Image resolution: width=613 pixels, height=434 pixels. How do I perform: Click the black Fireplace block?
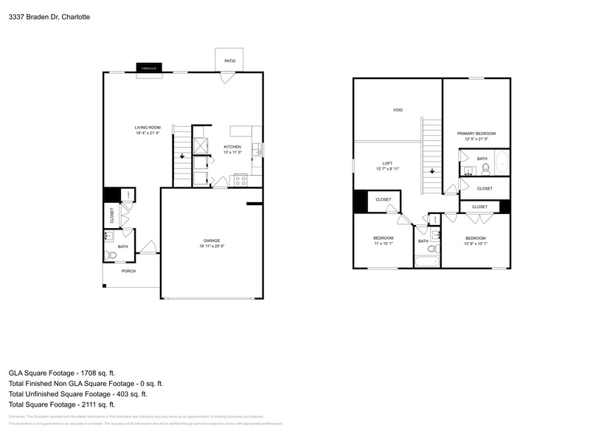147,69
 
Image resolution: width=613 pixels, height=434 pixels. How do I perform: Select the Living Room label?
148,128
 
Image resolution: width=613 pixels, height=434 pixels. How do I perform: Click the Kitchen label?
232,147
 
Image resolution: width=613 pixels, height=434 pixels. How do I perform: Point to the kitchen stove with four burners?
240,179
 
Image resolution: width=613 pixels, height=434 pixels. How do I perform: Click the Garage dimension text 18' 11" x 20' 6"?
212,247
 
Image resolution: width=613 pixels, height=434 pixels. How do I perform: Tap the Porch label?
129,271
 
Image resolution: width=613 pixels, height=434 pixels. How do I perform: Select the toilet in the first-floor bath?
111,255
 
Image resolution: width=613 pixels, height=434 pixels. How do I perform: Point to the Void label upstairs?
398,110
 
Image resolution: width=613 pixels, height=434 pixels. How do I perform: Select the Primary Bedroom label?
476,134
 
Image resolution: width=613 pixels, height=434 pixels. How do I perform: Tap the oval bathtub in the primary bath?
502,163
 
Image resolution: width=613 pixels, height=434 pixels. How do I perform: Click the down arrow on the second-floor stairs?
432,171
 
